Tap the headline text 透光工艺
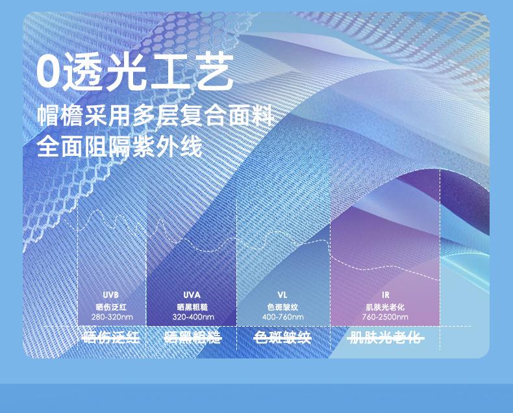pyautogui.click(x=148, y=73)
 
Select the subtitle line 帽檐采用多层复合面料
pyautogui.click(x=155, y=115)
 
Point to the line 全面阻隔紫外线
pyautogui.click(x=119, y=146)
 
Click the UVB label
pyautogui.click(x=110, y=295)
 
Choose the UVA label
pyautogui.click(x=192, y=295)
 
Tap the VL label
pyautogui.click(x=282, y=295)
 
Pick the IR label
pyautogui.click(x=386, y=295)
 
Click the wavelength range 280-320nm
pyautogui.click(x=112, y=317)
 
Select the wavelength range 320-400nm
pyautogui.click(x=194, y=317)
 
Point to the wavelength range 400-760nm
pyautogui.click(x=282, y=317)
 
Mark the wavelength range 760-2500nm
pyautogui.click(x=385, y=317)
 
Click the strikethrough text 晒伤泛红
pyautogui.click(x=111, y=338)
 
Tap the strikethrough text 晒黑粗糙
pyautogui.click(x=193, y=338)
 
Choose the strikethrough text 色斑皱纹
pyautogui.click(x=282, y=338)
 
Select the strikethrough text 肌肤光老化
pyautogui.click(x=386, y=338)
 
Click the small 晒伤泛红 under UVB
pyautogui.click(x=111, y=307)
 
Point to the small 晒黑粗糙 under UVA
pyautogui.click(x=192, y=307)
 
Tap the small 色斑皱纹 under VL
pyautogui.click(x=282, y=307)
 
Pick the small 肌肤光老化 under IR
pyautogui.click(x=385, y=307)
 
